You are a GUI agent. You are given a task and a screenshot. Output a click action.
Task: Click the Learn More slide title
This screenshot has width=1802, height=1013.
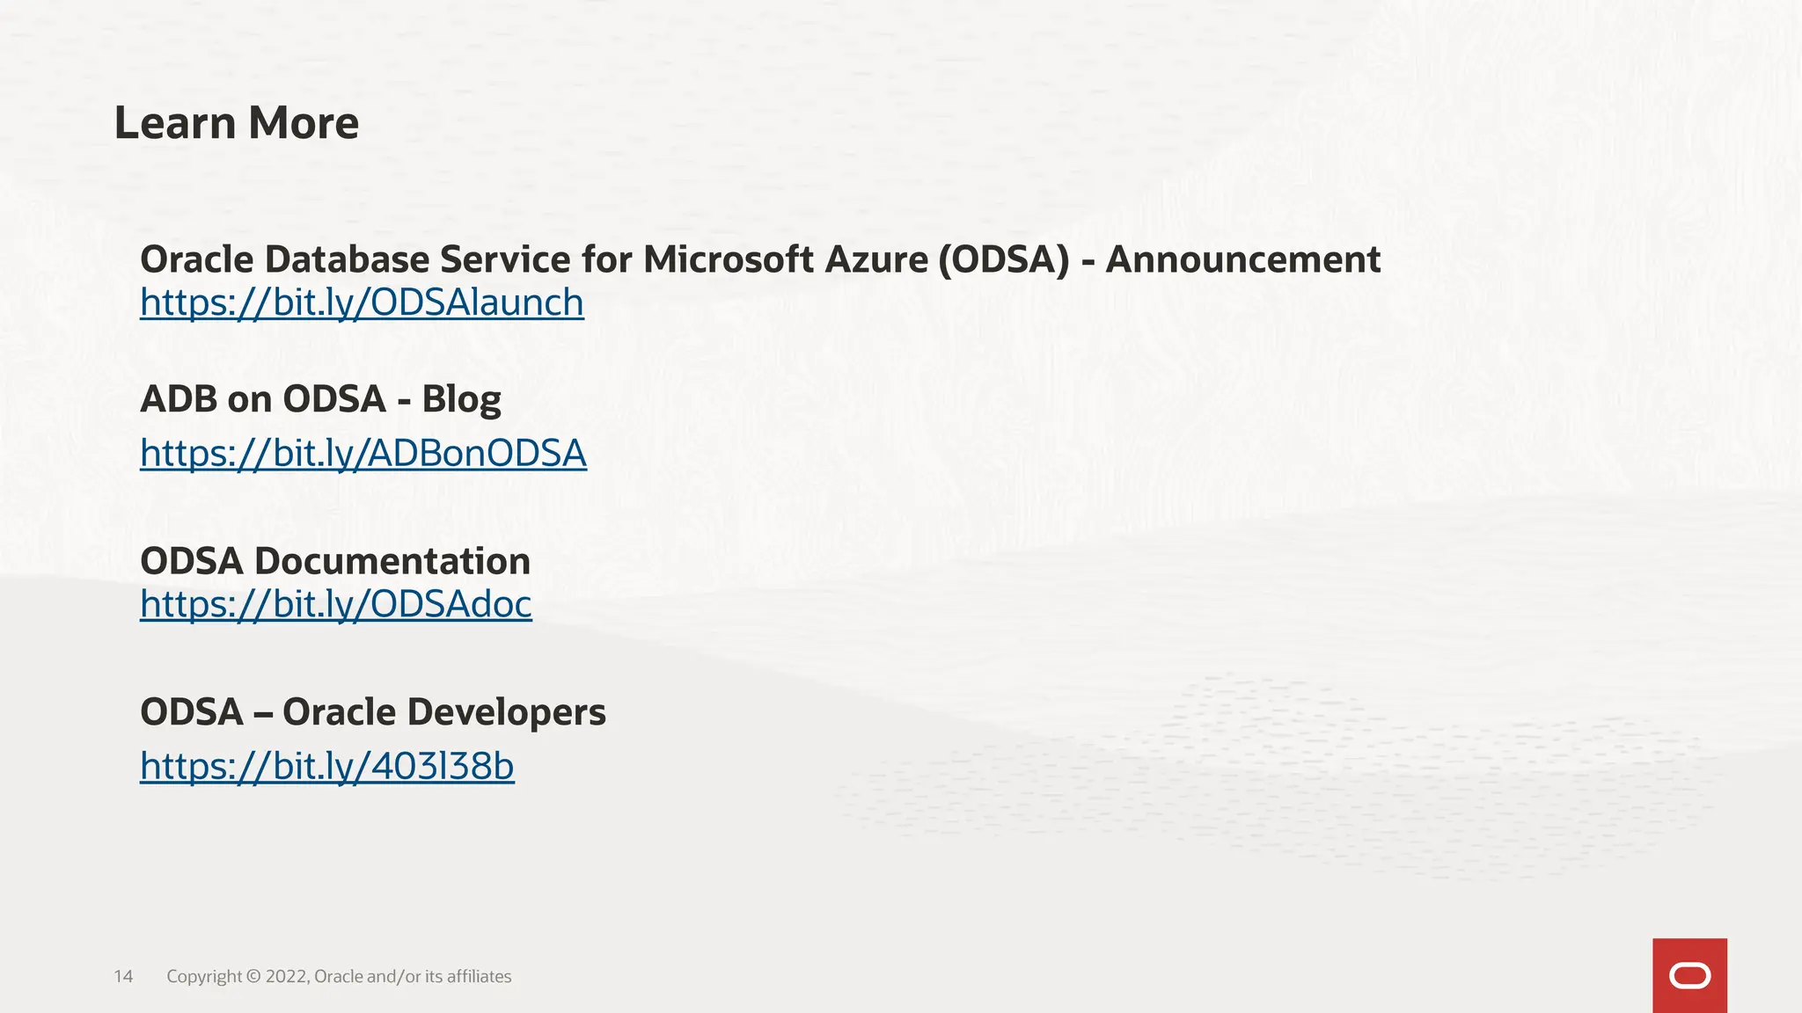coord(237,123)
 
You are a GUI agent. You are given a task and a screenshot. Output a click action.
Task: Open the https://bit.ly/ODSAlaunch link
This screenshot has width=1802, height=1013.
coord(362,302)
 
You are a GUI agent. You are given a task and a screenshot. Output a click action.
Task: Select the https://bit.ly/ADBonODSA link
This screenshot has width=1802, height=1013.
coord(363,454)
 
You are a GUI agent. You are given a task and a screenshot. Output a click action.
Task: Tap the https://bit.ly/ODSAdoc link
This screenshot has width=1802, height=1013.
coord(336,604)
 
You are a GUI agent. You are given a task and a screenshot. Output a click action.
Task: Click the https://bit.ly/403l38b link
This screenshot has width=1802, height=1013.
coord(327,767)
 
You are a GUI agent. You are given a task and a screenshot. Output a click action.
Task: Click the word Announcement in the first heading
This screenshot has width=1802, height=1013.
coord(1242,259)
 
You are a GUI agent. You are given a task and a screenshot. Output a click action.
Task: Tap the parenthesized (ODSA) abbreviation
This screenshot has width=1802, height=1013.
coord(1003,259)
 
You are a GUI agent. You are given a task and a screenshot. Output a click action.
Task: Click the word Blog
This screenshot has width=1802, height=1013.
coord(461,399)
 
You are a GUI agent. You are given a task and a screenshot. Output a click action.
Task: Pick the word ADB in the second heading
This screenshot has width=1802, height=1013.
coord(179,399)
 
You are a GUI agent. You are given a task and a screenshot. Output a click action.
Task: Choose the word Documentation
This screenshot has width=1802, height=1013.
coord(392,561)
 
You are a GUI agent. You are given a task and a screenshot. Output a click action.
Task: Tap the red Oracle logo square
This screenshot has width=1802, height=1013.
coord(1689,975)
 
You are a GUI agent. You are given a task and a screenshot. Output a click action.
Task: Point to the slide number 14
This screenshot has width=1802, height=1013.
coord(123,977)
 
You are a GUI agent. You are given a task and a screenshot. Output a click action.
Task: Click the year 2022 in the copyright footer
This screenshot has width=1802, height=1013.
coord(286,977)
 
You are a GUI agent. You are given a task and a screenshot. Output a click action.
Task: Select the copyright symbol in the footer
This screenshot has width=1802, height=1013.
coord(253,977)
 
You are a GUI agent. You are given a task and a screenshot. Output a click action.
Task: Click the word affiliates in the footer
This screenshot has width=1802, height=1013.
coord(479,977)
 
